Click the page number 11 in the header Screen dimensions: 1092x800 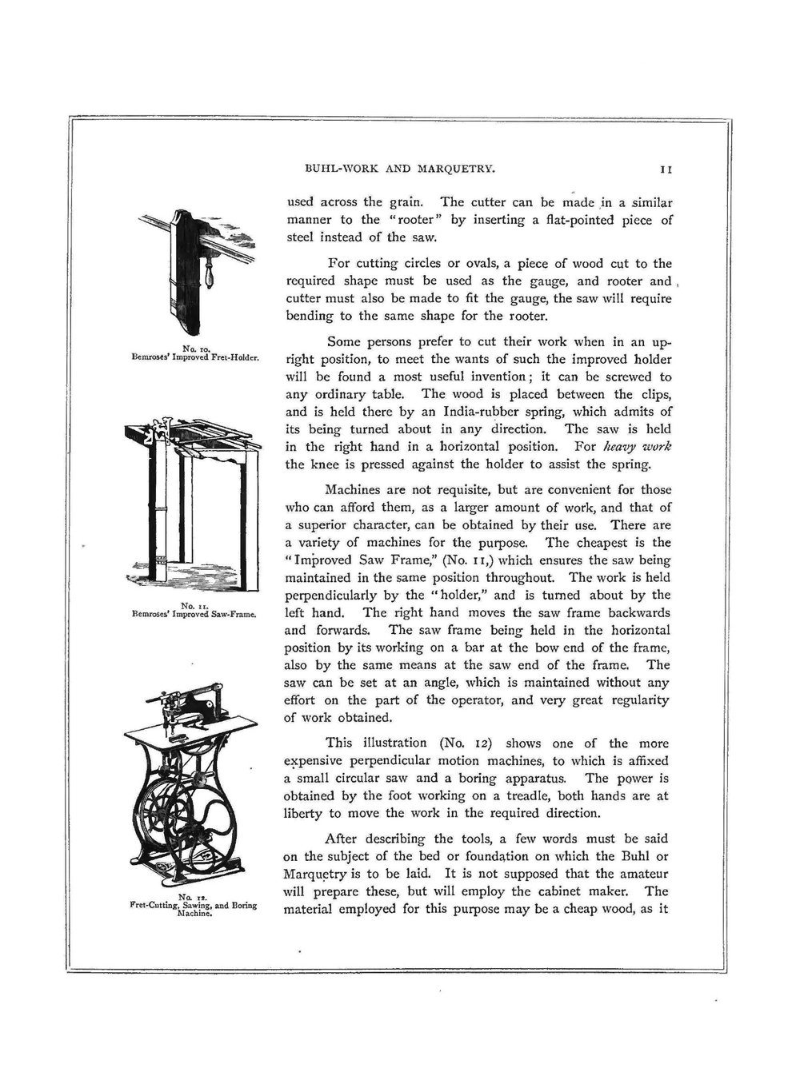pyautogui.click(x=665, y=169)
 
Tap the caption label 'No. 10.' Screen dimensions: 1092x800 pyautogui.click(x=196, y=349)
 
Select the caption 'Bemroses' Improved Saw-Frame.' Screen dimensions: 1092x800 pyautogui.click(x=194, y=615)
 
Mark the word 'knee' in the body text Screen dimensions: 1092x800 pyautogui.click(x=319, y=464)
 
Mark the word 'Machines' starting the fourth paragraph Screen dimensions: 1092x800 pyautogui.click(x=352, y=490)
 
